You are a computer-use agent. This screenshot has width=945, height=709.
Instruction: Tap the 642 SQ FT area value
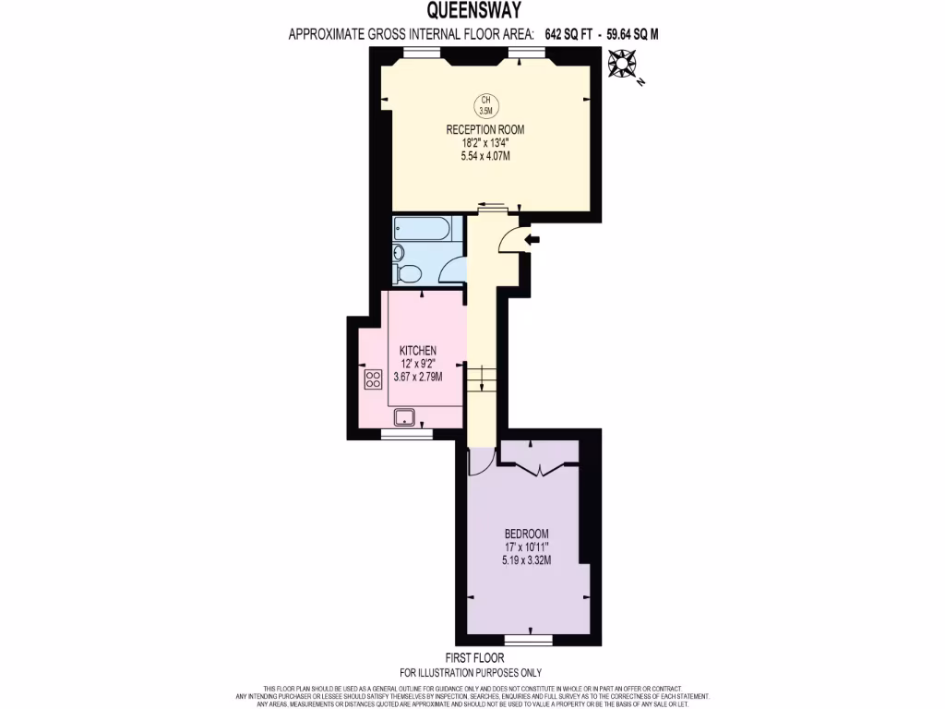[568, 34]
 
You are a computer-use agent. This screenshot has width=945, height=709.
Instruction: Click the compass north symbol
[623, 64]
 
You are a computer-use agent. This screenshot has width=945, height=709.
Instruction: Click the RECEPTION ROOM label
[485, 129]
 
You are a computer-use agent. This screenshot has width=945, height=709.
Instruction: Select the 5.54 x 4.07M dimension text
[485, 156]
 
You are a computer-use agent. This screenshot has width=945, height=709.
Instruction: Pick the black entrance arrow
[532, 240]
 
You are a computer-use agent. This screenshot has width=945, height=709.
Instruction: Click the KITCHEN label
[417, 351]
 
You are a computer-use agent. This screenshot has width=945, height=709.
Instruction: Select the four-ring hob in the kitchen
[374, 379]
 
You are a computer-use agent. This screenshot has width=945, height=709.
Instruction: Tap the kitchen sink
[405, 417]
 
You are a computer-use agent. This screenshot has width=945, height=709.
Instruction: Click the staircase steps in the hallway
[482, 379]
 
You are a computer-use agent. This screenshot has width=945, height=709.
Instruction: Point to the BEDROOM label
[527, 534]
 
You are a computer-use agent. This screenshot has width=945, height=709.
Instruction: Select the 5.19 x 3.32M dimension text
[527, 559]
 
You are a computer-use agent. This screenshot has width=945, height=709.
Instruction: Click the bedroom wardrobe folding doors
[540, 469]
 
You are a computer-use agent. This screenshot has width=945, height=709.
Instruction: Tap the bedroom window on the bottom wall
[529, 639]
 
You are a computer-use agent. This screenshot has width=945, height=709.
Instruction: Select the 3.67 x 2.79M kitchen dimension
[417, 377]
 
